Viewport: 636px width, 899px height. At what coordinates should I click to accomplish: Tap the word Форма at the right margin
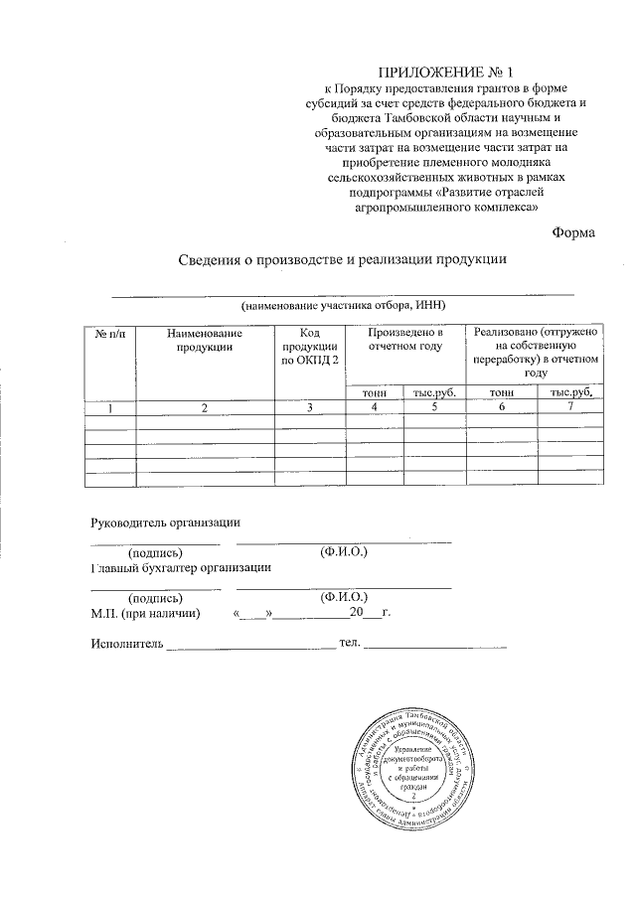click(573, 232)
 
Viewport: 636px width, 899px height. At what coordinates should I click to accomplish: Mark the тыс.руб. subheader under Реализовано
click(568, 393)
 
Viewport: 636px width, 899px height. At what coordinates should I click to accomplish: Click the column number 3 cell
click(310, 407)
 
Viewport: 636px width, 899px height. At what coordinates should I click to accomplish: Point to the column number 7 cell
click(568, 407)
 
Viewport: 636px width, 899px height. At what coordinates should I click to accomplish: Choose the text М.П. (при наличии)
click(145, 614)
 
